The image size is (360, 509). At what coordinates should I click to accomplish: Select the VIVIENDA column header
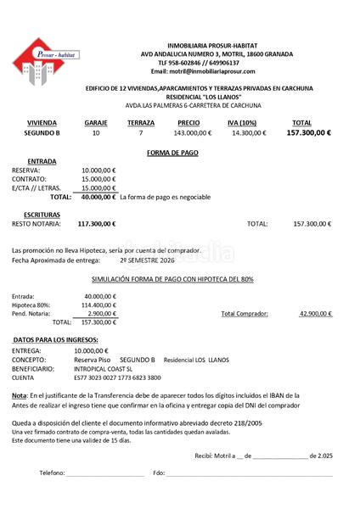click(x=42, y=123)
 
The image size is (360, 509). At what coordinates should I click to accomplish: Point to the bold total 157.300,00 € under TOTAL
click(x=308, y=133)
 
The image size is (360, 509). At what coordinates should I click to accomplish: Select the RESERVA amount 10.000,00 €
click(x=98, y=170)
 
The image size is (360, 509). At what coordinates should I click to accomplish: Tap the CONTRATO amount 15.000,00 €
click(x=98, y=179)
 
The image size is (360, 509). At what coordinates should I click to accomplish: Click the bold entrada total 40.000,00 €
click(x=98, y=197)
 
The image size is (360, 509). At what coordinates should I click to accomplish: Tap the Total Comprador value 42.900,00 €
click(x=315, y=314)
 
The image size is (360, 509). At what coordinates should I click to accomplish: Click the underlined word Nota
click(x=19, y=394)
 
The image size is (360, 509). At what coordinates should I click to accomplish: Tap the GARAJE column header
click(x=96, y=123)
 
